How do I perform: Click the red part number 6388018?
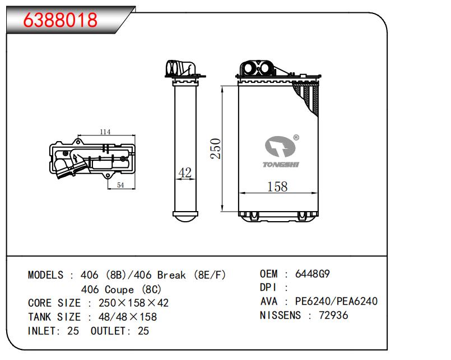pos(60,20)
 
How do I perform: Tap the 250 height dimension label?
pos(216,149)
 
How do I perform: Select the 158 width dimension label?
pos(277,186)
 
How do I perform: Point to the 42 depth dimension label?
pos(185,172)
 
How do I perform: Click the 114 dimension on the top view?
pos(105,132)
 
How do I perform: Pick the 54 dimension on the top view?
pos(120,185)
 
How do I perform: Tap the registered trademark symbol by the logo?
pos(296,137)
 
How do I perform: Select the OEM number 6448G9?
pos(313,274)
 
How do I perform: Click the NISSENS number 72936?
pos(333,315)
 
